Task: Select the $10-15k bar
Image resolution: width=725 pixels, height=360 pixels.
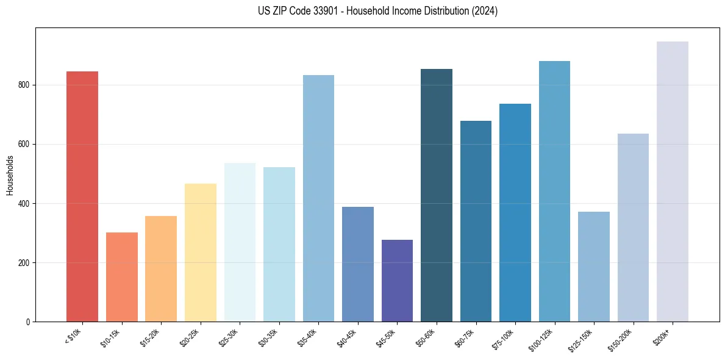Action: coord(121,277)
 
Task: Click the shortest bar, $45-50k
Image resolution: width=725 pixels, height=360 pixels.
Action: coord(397,281)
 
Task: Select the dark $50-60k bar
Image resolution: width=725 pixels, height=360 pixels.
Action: coord(437,195)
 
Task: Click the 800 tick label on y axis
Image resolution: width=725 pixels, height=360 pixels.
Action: coord(23,85)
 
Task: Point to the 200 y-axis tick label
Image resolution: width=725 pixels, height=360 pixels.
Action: coord(23,263)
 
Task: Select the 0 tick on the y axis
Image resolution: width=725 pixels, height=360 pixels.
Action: coord(27,322)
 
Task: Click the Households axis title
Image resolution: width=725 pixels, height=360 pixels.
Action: coord(10,175)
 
